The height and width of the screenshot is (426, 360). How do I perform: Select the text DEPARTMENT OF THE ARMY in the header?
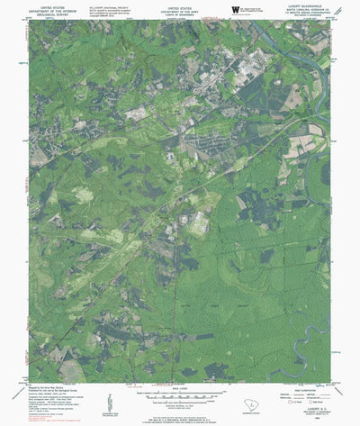coord(181,8)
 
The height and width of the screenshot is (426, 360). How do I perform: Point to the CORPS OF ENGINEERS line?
coord(181,13)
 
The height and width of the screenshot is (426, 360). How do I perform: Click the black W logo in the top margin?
coord(236,9)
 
